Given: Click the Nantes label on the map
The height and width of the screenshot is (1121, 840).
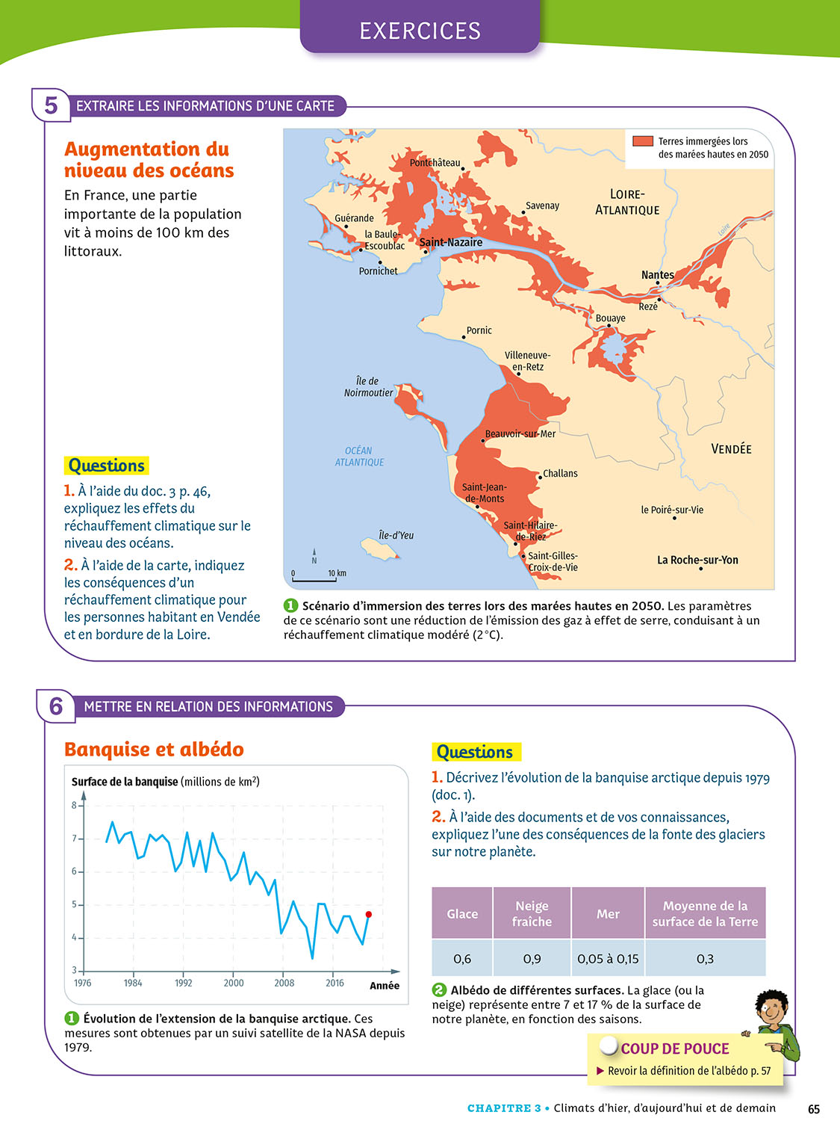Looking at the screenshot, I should tap(657, 275).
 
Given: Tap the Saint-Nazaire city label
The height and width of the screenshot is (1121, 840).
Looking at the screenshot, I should tap(451, 242).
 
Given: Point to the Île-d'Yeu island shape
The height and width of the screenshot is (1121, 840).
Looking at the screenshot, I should tap(380, 550).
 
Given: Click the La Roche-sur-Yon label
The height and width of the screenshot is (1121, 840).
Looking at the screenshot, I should tap(697, 560).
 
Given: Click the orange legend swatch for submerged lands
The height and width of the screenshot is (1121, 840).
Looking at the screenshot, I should tap(642, 141).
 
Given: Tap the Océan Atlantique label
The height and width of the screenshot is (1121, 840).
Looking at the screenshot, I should tap(359, 457).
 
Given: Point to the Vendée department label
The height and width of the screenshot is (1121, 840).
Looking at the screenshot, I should tap(731, 449).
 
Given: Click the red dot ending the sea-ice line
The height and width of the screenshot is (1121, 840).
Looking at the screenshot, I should tap(368, 914).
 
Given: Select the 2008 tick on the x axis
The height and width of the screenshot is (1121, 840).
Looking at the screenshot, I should tap(284, 983).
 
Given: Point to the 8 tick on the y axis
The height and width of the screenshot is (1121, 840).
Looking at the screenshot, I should tap(75, 805).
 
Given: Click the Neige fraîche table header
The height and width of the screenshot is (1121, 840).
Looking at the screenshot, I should tap(532, 913).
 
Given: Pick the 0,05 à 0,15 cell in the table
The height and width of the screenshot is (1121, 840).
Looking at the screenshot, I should tap(608, 958).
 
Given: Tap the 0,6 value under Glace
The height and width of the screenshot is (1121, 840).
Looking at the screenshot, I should tap(462, 958).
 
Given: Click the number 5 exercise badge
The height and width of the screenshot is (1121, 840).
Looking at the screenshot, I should tap(51, 105).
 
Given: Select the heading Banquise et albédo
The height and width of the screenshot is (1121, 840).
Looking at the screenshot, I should tap(154, 749).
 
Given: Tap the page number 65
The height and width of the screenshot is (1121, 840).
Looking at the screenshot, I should tap(814, 1108).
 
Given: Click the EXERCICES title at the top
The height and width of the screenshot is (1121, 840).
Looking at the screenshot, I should tap(420, 31).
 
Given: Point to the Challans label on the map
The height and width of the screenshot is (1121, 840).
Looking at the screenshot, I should tap(560, 473).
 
